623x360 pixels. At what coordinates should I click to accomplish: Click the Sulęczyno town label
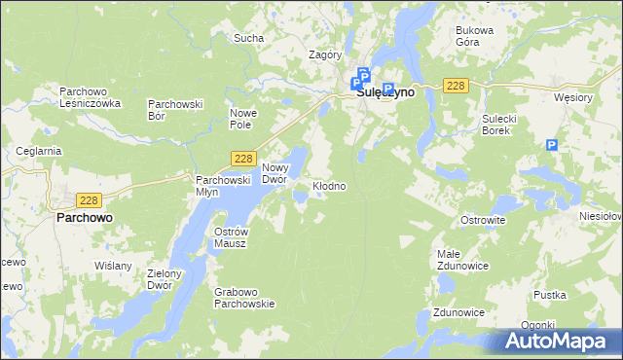(x=385, y=93)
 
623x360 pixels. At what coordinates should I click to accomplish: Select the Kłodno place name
(x=329, y=185)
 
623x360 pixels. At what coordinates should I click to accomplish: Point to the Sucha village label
(x=248, y=39)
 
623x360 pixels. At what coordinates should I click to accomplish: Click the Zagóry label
(x=324, y=55)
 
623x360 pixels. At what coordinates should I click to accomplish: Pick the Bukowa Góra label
(x=475, y=36)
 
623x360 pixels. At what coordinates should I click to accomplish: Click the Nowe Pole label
(x=241, y=119)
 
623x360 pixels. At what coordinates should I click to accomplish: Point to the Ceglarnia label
(x=39, y=151)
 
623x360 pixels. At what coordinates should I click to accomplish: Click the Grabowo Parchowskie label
(x=244, y=297)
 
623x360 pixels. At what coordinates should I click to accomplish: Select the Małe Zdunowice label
(x=457, y=260)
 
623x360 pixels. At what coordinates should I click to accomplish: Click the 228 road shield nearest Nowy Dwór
(x=243, y=159)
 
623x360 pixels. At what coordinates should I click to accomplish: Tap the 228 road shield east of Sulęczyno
(x=456, y=86)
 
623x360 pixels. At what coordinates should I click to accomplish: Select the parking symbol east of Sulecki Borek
(x=552, y=145)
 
